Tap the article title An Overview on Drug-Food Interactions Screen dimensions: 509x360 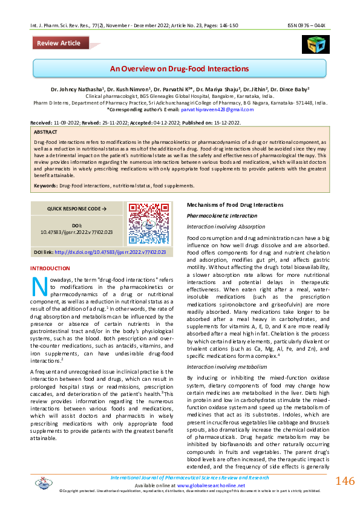[180, 68]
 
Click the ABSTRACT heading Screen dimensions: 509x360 [46, 131]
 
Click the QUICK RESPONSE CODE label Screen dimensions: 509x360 [77, 209]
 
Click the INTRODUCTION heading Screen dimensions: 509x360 [50, 268]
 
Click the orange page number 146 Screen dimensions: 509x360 [344, 481]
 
